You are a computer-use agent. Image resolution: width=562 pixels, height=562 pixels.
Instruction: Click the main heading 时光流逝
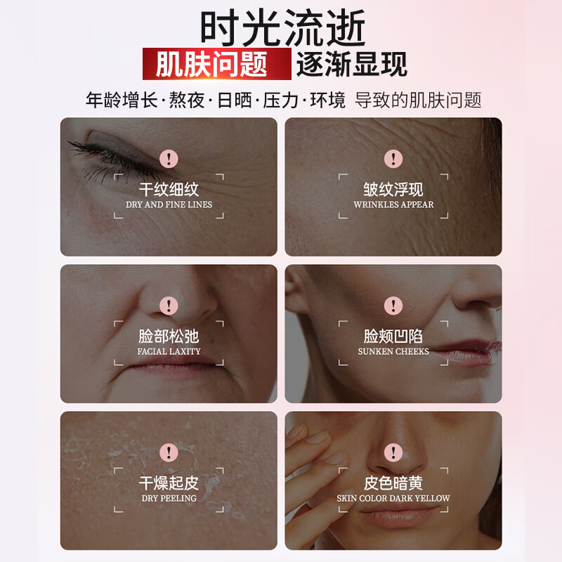(283, 29)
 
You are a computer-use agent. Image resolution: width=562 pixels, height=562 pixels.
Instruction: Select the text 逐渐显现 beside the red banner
(352, 65)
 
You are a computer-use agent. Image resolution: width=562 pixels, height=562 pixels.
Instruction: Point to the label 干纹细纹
(169, 190)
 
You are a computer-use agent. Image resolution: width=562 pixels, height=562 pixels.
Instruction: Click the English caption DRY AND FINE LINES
(169, 204)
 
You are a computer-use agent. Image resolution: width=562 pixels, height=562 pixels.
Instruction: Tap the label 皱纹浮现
(393, 190)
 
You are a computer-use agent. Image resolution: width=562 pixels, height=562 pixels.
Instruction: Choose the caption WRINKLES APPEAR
(393, 204)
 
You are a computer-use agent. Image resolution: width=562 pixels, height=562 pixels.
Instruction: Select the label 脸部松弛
(169, 336)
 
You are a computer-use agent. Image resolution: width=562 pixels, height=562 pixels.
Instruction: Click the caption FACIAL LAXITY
(169, 351)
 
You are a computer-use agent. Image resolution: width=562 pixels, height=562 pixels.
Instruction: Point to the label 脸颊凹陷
(393, 336)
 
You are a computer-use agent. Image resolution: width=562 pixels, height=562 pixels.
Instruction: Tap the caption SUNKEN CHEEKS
(393, 351)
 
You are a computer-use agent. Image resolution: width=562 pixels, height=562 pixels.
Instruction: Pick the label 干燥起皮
(169, 483)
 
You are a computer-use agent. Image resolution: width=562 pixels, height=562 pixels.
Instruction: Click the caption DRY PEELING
(169, 498)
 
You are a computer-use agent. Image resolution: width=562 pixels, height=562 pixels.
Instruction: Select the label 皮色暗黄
(393, 483)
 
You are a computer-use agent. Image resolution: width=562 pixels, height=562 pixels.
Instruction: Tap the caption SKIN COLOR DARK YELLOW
(393, 498)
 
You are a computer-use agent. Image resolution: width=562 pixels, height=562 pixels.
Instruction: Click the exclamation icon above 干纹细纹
(169, 159)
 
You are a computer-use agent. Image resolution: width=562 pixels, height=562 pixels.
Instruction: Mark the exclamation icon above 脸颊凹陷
(393, 306)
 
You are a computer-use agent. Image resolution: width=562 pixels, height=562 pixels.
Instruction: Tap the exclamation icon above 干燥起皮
(169, 452)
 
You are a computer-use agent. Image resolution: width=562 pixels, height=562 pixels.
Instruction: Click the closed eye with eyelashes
(105, 151)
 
